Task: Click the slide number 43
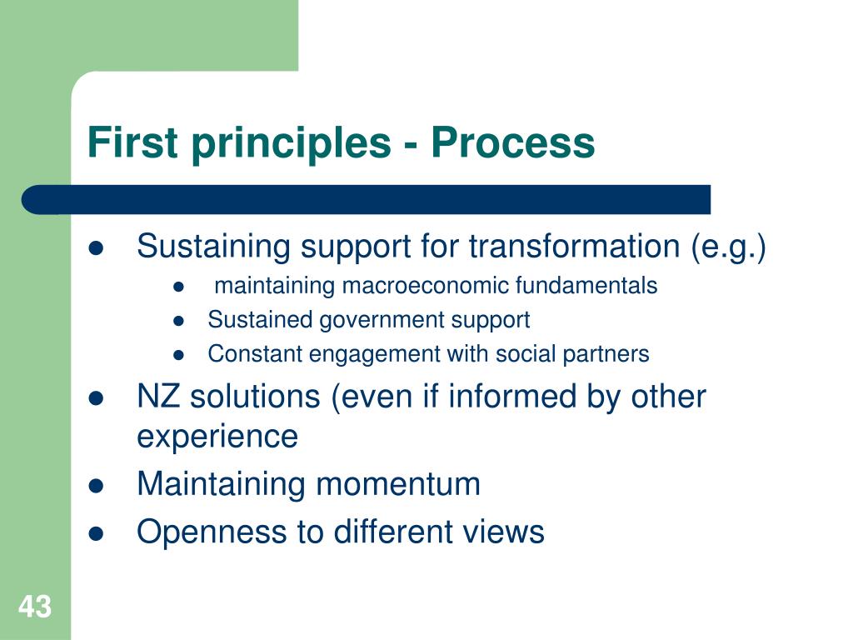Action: point(35,607)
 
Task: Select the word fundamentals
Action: point(586,286)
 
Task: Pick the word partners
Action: point(607,355)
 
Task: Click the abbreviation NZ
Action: point(159,397)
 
